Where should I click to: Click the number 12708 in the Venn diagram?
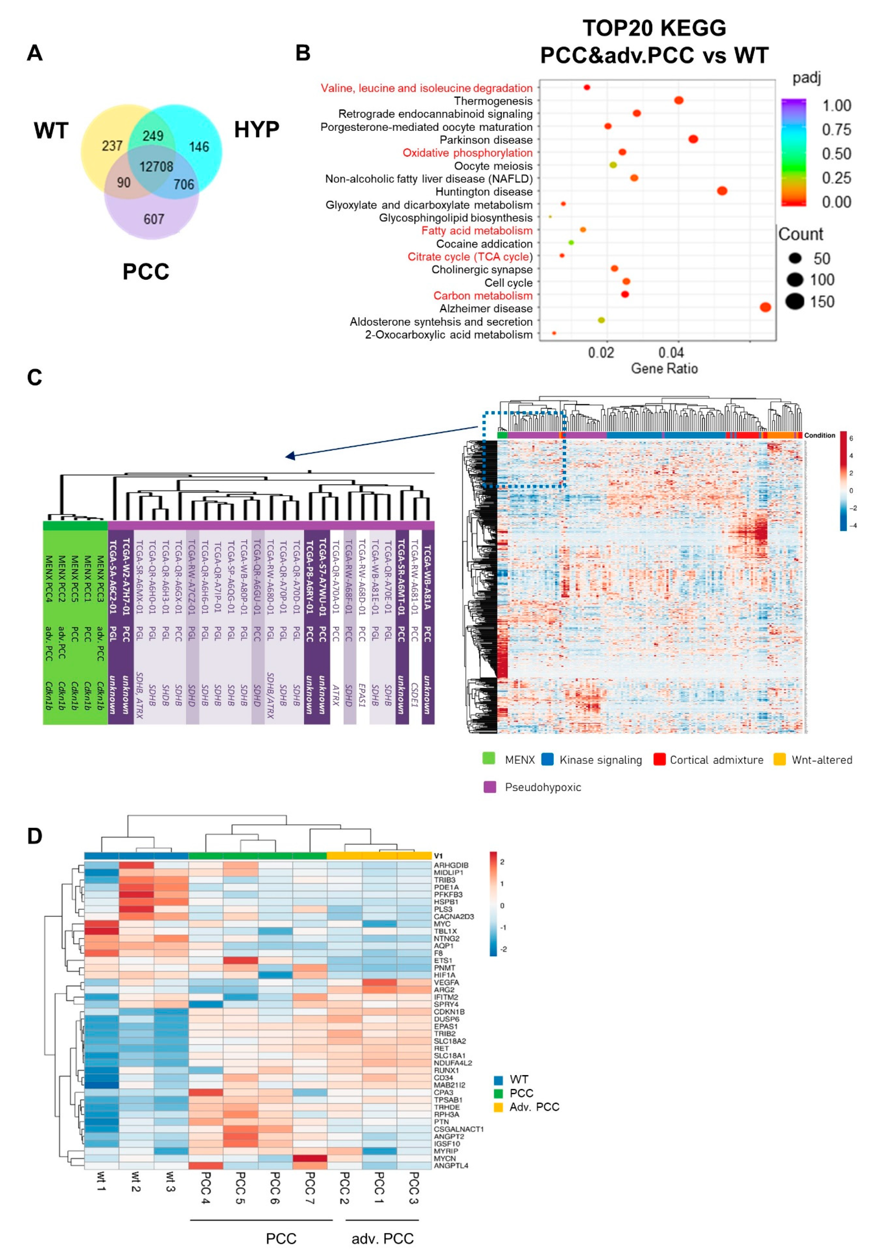(156, 167)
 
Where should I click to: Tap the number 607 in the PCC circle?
(154, 219)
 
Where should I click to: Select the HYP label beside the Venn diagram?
(256, 130)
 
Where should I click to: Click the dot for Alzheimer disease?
(765, 307)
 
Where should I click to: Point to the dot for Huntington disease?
(722, 191)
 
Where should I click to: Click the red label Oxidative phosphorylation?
(467, 153)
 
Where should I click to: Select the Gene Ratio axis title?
(664, 368)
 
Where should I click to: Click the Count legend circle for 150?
(795, 301)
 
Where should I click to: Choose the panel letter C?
(34, 377)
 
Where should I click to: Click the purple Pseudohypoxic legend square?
(489, 787)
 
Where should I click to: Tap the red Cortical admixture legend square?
(659, 759)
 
